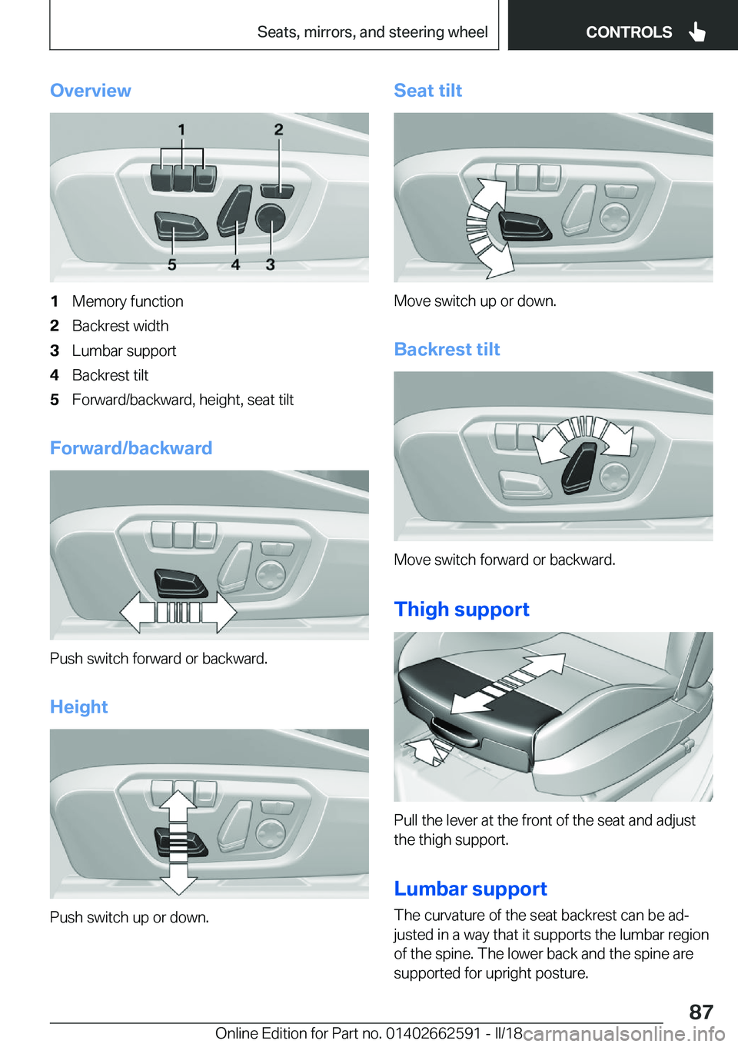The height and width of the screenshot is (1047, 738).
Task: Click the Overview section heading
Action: click(x=91, y=91)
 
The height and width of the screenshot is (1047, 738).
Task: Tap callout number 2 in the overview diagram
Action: click(x=278, y=130)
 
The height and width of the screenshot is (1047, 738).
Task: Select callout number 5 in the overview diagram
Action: click(x=172, y=264)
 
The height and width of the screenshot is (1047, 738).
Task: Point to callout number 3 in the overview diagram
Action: click(x=271, y=264)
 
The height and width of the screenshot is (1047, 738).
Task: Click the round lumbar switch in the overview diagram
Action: click(x=270, y=219)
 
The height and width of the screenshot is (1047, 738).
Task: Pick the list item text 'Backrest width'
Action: click(x=120, y=326)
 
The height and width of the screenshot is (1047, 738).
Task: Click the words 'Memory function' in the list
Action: click(x=128, y=301)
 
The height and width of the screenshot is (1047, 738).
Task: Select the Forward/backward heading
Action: click(x=131, y=448)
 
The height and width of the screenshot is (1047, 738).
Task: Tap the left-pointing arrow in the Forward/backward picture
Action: click(x=139, y=612)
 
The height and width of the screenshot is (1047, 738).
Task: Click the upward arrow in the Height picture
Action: click(x=178, y=807)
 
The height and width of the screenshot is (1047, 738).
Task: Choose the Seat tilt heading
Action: click(x=427, y=91)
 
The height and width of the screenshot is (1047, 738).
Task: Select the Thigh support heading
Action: click(x=461, y=610)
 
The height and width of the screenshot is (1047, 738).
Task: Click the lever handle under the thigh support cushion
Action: click(x=453, y=731)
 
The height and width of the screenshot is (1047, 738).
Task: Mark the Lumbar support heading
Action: click(x=470, y=889)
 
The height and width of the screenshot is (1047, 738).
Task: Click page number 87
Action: click(x=700, y=1012)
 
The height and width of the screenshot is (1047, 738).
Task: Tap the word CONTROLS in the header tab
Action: click(x=628, y=32)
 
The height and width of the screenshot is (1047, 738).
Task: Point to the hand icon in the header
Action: click(x=697, y=32)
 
